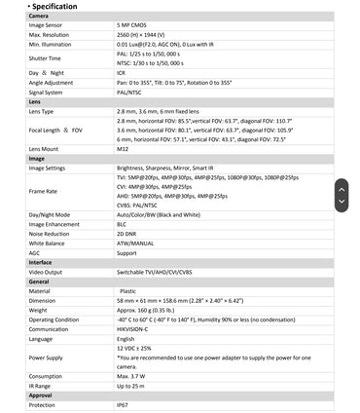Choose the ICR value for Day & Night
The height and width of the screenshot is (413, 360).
(x=122, y=72)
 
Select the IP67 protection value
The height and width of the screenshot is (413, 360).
(x=123, y=404)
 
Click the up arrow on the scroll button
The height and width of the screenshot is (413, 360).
(x=342, y=186)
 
